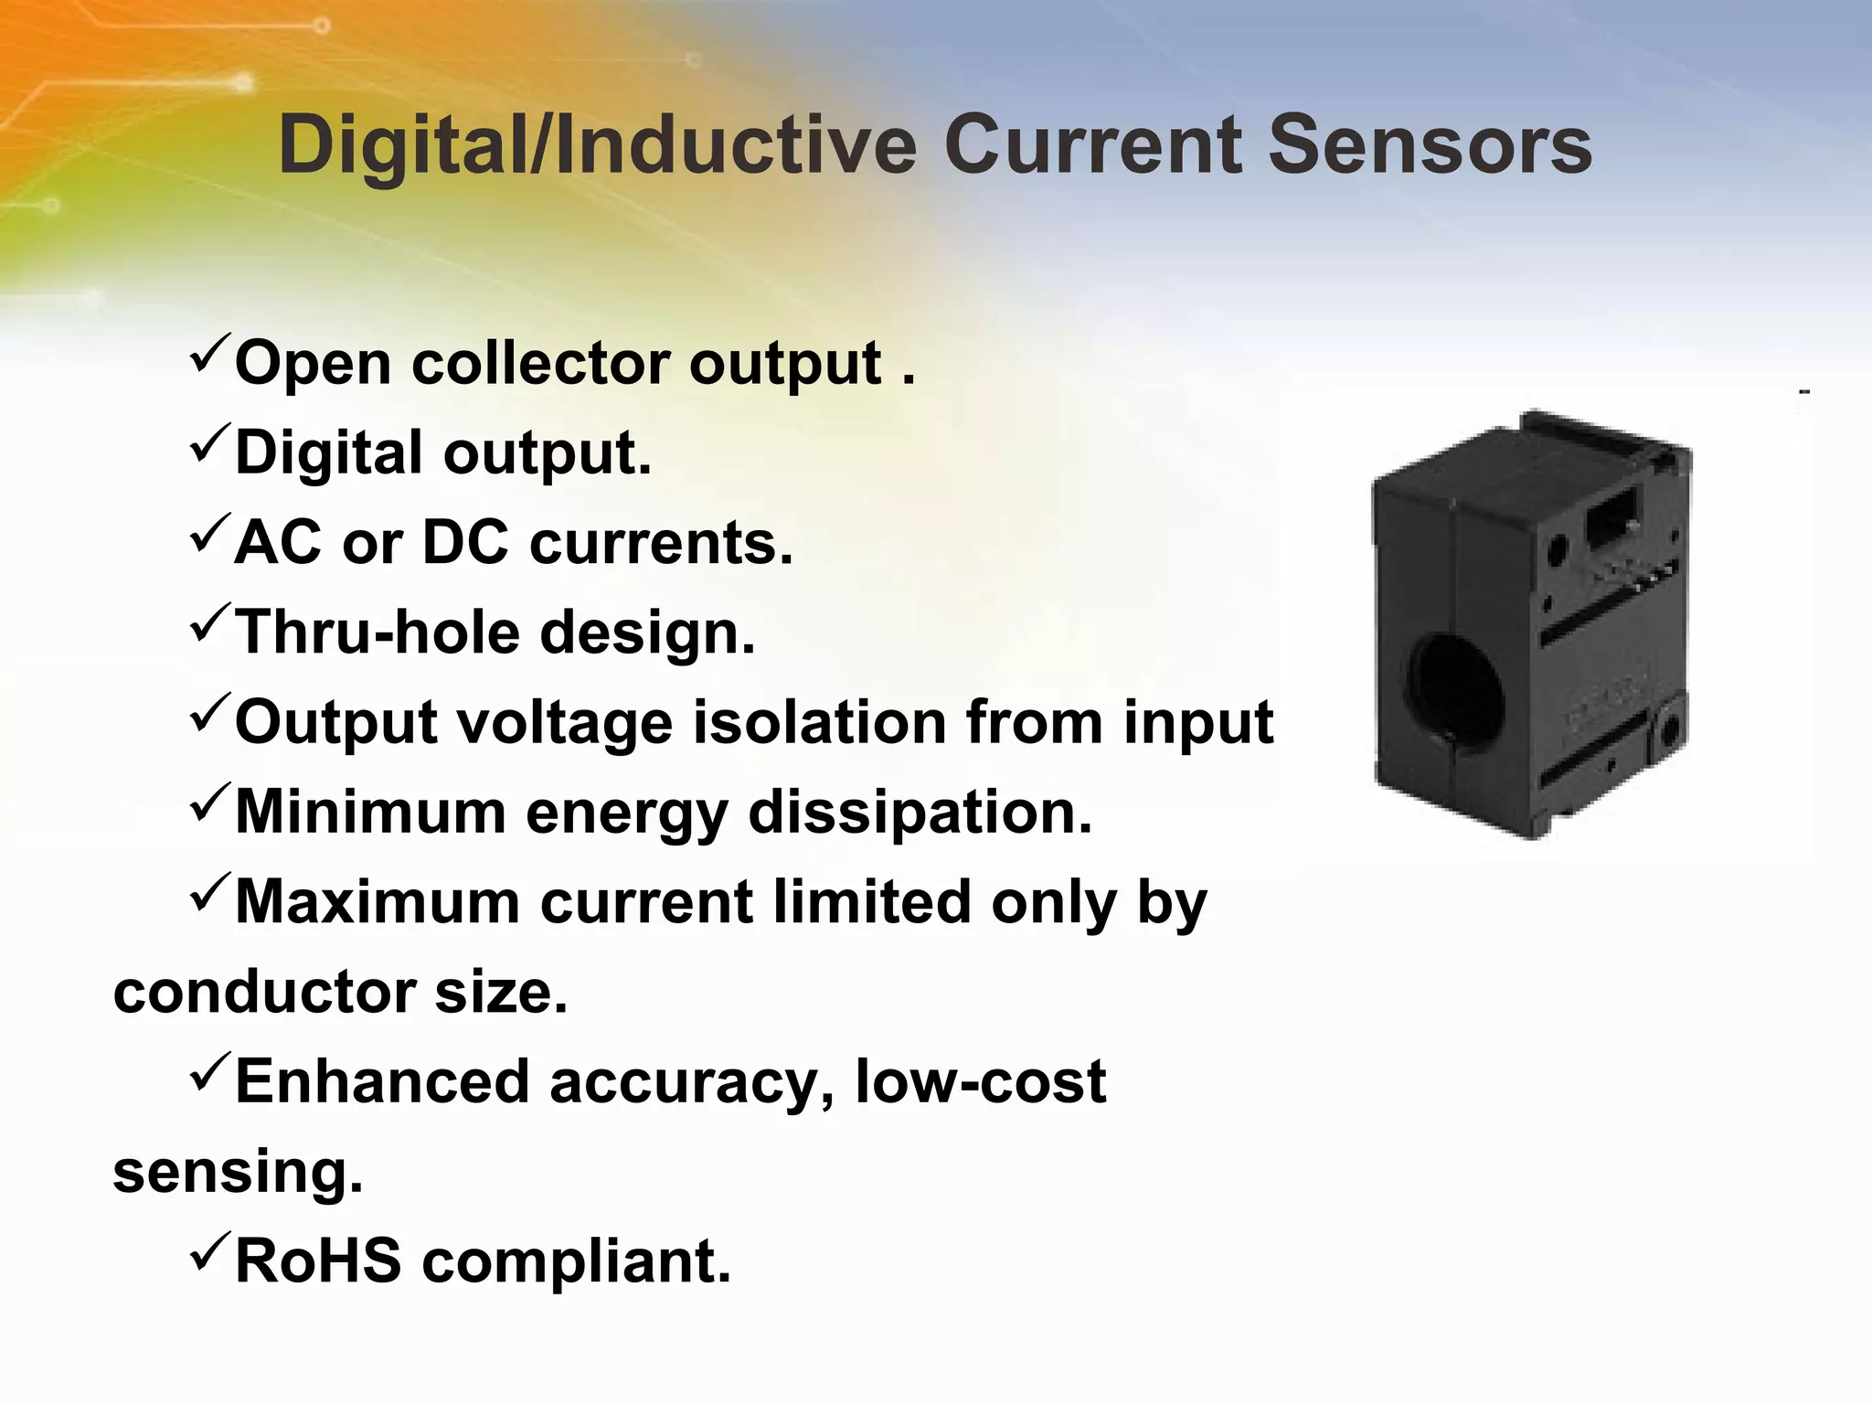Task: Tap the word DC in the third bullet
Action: [464, 543]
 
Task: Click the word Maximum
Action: [377, 902]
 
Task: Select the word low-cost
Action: [980, 1082]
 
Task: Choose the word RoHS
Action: [317, 1261]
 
